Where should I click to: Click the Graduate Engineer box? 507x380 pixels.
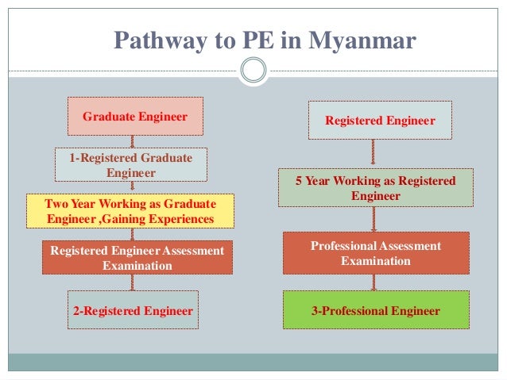point(135,117)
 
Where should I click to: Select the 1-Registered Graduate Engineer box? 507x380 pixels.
point(130,165)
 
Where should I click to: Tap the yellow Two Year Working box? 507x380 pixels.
point(130,211)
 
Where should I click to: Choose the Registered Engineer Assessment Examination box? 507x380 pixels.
point(137,258)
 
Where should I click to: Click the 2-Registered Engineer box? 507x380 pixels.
point(133,311)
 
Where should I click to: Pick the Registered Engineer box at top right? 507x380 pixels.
point(380,121)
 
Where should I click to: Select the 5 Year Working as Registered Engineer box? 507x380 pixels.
point(376,189)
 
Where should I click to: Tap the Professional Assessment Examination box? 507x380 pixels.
point(376,254)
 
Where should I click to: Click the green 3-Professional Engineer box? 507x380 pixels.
point(376,311)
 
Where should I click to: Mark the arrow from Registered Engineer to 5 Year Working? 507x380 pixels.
point(372,154)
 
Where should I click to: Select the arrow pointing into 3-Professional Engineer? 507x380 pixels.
point(373,282)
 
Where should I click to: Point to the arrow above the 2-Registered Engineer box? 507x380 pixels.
point(133,283)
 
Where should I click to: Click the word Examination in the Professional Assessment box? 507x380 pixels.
point(376,261)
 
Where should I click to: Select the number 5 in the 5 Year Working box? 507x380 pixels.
point(299,182)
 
